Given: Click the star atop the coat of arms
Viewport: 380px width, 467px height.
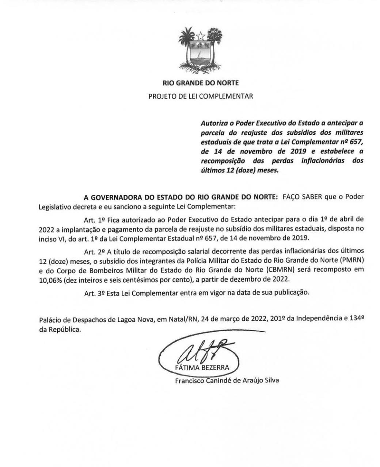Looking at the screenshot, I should pos(201,36).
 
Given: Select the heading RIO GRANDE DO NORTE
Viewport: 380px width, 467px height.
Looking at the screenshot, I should pos(201,83).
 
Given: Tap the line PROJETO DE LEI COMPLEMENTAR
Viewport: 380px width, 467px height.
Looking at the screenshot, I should pos(201,96).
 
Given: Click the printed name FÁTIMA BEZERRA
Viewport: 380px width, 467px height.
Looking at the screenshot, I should pos(202,367).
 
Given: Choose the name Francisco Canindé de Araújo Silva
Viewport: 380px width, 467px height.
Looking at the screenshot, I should pos(227,381).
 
